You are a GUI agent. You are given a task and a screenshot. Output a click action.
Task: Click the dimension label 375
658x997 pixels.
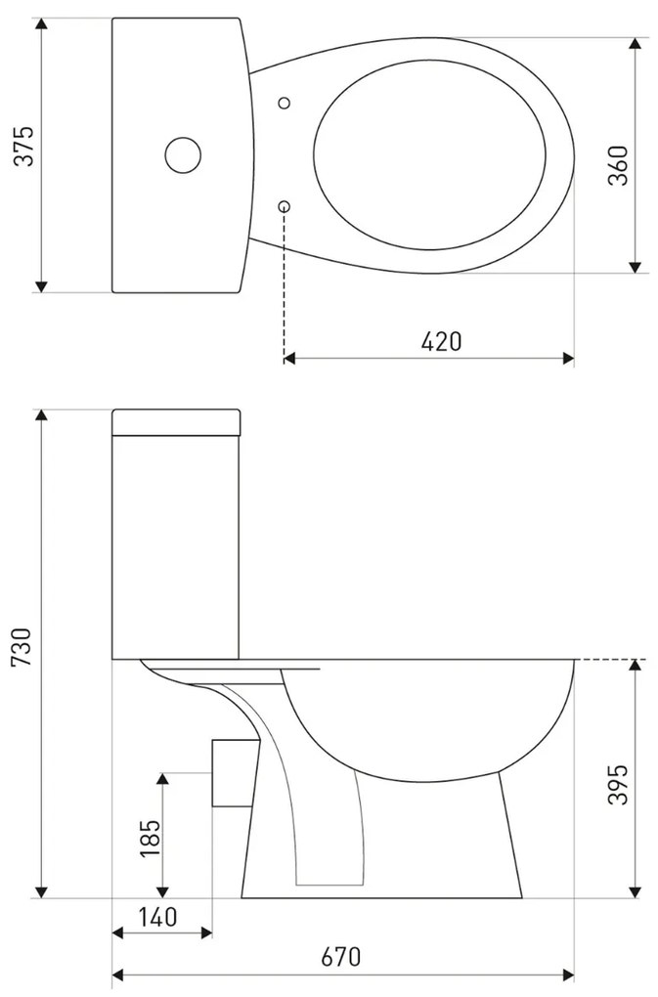[x=23, y=146]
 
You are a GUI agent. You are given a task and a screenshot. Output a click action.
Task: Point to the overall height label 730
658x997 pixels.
[x=23, y=649]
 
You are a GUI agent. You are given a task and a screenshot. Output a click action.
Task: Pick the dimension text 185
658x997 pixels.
[x=150, y=839]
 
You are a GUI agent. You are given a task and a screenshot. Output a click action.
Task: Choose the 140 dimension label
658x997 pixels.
[x=156, y=917]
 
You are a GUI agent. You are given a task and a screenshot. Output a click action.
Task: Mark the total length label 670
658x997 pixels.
[x=341, y=957]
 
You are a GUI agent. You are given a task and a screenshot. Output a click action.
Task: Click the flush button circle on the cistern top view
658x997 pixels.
[x=182, y=154]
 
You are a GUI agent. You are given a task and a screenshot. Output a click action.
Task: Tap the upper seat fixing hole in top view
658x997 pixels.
[x=285, y=102]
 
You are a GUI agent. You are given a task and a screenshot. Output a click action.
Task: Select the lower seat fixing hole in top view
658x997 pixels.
[x=285, y=205]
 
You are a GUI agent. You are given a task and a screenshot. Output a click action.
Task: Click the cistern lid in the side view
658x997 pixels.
[x=176, y=421]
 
